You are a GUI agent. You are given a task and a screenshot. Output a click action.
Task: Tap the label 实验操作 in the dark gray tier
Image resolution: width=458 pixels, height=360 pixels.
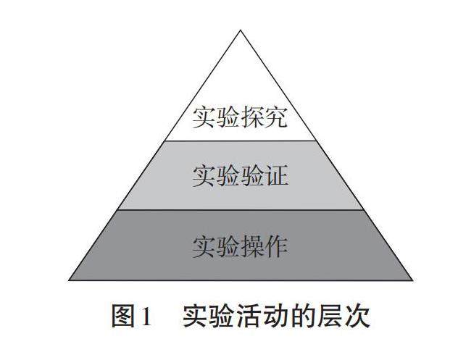point(240,246)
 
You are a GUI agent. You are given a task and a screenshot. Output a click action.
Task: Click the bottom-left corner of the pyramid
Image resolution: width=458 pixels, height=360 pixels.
point(70,280)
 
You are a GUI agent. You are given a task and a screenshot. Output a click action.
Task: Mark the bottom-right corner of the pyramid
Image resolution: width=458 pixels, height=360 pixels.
point(412,280)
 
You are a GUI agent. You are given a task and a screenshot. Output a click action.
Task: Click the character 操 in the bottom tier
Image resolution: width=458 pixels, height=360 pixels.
point(251,246)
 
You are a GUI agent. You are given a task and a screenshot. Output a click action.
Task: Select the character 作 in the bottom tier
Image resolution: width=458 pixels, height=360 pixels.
point(275,246)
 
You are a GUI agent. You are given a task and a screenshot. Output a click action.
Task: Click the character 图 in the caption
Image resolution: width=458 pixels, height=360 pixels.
point(123,317)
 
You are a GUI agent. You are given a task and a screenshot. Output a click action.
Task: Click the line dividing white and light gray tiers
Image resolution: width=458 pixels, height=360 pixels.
point(241,141)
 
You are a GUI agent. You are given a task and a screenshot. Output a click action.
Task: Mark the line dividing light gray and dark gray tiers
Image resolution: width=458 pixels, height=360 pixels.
point(241,211)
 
